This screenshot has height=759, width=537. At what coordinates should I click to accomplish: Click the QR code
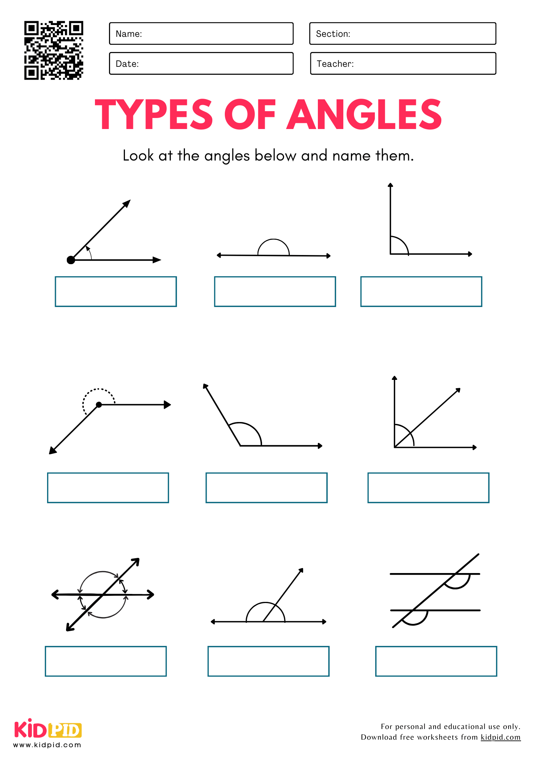(54, 50)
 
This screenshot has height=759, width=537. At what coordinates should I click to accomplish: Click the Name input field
(201, 33)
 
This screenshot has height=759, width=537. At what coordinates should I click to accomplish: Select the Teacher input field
(403, 63)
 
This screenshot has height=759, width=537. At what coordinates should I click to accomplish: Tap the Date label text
(127, 64)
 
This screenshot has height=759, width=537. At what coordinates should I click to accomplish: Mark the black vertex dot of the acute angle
(71, 260)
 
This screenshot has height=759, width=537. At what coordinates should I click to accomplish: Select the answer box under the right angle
(421, 291)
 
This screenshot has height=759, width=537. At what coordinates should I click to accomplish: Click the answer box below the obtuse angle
(266, 488)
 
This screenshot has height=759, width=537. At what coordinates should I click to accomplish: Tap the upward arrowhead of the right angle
(390, 185)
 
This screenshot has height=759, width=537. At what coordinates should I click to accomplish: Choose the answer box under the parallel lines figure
(436, 661)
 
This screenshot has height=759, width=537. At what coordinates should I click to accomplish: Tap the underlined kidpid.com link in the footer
(500, 737)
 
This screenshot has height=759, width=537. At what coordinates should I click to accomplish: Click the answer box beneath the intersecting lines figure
(106, 661)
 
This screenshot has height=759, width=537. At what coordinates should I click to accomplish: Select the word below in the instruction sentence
(275, 156)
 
